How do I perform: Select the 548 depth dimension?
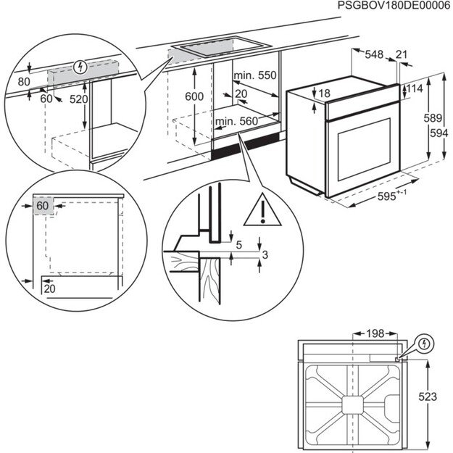point(374,54)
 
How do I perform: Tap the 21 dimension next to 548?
point(402,54)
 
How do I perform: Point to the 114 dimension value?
point(415,88)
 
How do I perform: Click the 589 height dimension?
point(433,118)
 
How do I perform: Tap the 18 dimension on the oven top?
point(324,93)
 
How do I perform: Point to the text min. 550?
point(256,75)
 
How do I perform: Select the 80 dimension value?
point(24,82)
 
